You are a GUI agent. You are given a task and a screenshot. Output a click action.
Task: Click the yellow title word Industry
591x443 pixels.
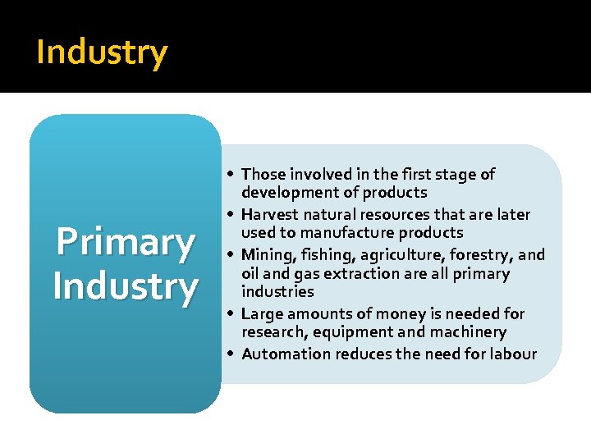point(102,53)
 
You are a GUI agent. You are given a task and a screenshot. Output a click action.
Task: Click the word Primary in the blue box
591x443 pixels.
point(125,243)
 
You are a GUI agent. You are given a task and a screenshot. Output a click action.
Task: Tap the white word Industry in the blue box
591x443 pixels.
point(125,286)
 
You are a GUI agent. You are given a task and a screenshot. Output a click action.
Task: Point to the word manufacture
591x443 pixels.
point(351,233)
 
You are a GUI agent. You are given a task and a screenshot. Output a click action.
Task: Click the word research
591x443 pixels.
point(272,332)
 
